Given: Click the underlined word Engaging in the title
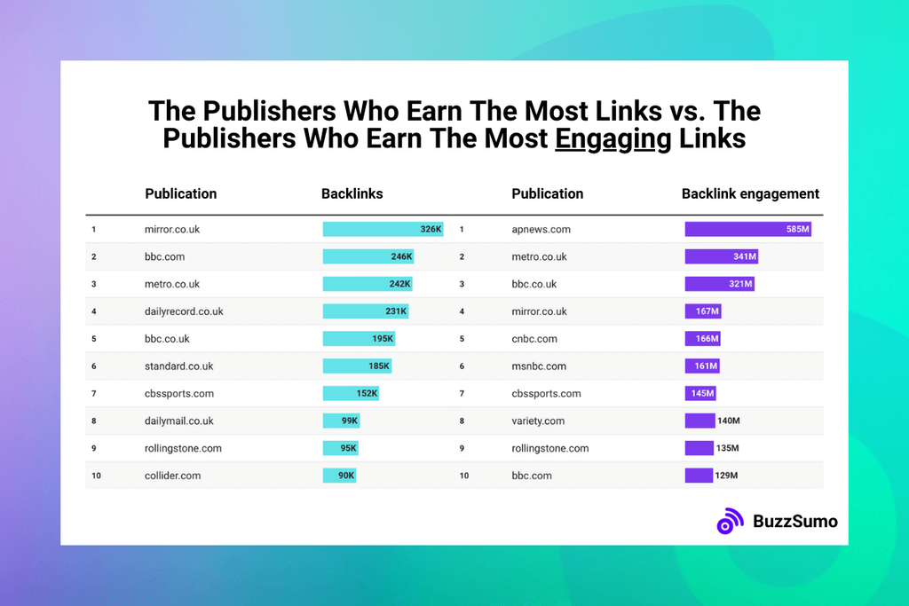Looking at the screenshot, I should point(613,139).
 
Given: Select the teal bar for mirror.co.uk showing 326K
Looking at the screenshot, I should point(383,229).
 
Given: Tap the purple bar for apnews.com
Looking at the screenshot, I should point(747,229).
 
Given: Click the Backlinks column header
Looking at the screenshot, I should point(352,193).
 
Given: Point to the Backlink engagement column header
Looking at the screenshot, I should point(750,193).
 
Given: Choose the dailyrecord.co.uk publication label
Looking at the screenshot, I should point(184,311).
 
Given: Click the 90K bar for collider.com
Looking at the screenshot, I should point(340,476).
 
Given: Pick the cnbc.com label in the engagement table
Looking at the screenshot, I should point(534,339).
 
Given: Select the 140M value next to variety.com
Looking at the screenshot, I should point(729,421).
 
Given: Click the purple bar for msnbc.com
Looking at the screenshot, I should point(701,366).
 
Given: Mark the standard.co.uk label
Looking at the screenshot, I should point(178,366).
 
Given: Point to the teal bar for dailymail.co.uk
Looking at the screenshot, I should point(341,421).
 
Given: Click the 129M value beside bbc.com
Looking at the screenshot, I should point(726,476).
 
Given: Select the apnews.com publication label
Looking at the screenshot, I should point(541,229).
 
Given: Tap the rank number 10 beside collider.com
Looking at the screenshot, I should point(96,476).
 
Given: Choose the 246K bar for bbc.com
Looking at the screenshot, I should point(368,256).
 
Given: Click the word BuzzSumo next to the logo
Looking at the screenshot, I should point(794,521).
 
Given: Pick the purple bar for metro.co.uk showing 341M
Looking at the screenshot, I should point(721,256).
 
